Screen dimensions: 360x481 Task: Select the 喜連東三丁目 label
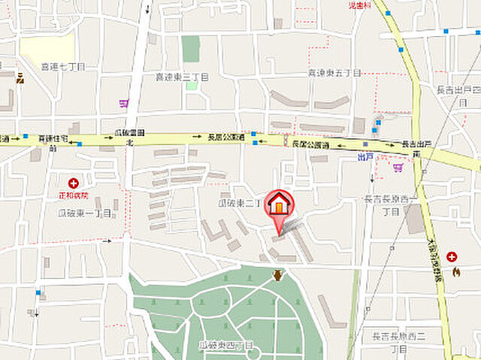[182, 77]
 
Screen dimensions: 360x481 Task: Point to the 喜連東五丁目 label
[334, 73]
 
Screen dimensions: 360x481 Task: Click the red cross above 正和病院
[74, 183]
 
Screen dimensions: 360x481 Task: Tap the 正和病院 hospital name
[74, 195]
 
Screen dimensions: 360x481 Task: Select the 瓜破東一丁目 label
[85, 213]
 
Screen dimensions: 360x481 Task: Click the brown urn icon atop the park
[279, 275]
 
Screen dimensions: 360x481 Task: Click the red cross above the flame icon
[451, 257]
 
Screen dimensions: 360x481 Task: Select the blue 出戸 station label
[365, 157]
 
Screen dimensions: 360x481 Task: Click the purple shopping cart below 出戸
[398, 168]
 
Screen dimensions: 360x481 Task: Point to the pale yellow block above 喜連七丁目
[47, 47]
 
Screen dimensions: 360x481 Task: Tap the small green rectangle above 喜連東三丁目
[191, 49]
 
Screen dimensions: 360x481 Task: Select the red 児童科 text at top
[360, 5]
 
